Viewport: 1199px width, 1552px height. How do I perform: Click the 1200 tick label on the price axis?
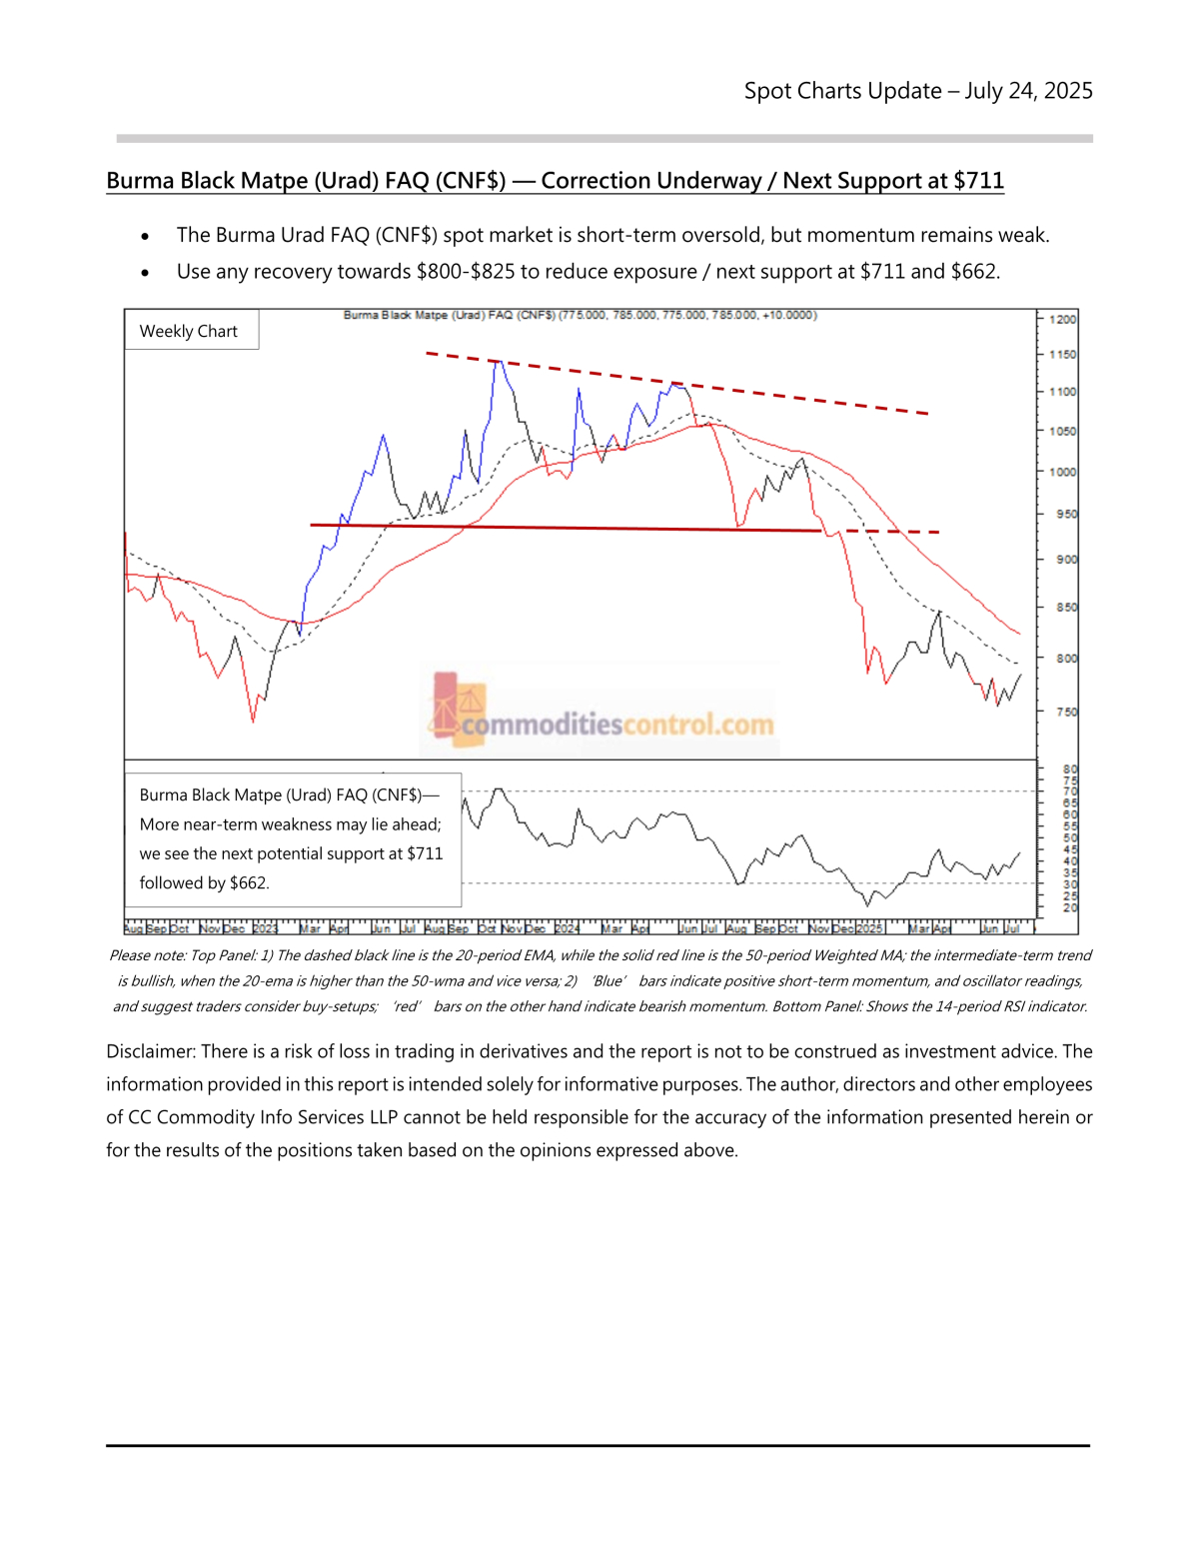pyautogui.click(x=1063, y=320)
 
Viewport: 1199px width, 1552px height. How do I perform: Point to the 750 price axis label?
pyautogui.click(x=1065, y=713)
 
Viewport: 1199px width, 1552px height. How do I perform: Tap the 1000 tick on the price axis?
pyautogui.click(x=1063, y=472)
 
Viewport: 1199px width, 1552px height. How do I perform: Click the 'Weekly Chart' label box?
pyautogui.click(x=189, y=331)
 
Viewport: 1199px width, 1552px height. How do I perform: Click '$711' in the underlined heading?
pyautogui.click(x=978, y=181)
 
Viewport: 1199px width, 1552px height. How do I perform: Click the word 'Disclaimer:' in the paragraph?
pyautogui.click(x=151, y=1051)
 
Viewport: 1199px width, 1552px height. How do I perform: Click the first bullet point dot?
pyautogui.click(x=146, y=237)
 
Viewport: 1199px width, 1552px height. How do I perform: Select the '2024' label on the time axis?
pyautogui.click(x=567, y=929)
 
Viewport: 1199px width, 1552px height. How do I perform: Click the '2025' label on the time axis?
pyautogui.click(x=869, y=929)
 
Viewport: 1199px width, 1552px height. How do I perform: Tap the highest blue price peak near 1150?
pyautogui.click(x=497, y=361)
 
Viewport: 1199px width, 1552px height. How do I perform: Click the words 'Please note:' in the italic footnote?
pyautogui.click(x=148, y=956)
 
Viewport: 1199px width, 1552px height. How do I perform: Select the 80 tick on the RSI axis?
pyautogui.click(x=1070, y=770)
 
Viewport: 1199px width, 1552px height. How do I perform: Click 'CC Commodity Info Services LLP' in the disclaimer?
pyautogui.click(x=263, y=1117)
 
